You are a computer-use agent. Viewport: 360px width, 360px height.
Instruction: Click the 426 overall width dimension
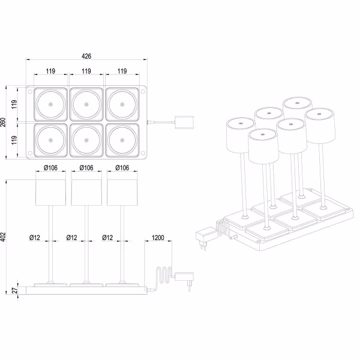click(86, 56)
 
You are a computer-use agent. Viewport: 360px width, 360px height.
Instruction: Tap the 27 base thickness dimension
click(16, 290)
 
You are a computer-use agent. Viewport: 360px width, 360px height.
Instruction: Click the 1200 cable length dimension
click(158, 238)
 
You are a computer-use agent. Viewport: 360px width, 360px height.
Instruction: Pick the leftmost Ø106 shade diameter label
click(50, 167)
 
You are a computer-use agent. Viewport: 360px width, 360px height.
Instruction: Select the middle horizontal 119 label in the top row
click(86, 71)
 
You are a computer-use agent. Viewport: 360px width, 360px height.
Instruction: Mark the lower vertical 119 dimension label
click(14, 140)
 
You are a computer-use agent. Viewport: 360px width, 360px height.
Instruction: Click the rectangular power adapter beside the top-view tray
click(184, 122)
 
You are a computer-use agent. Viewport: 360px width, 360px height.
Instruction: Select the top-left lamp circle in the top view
click(50, 104)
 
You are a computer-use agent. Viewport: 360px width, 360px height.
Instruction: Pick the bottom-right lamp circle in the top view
click(122, 140)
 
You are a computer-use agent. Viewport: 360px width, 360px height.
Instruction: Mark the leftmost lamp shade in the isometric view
click(238, 136)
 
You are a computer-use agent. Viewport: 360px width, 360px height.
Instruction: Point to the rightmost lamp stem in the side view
click(123, 243)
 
